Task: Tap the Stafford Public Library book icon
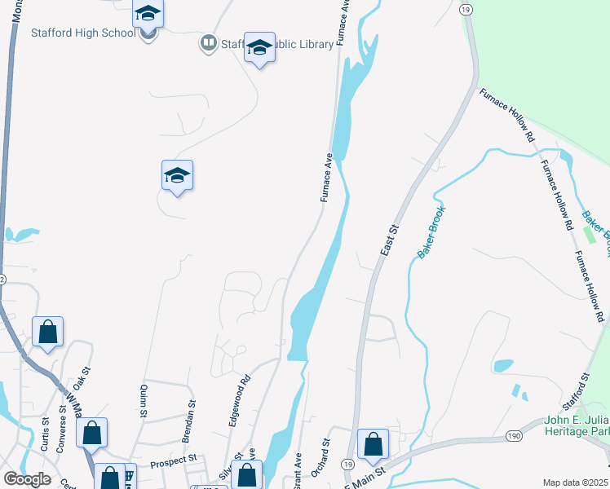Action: (209, 42)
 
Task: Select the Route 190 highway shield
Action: (513, 436)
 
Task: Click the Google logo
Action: (28, 479)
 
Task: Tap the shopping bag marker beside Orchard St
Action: (373, 443)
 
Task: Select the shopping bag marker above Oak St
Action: (48, 331)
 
